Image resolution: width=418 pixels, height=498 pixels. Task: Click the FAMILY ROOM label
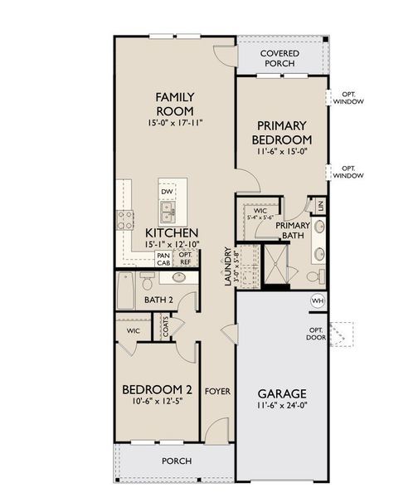(x=174, y=104)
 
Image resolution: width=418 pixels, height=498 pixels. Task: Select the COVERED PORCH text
(x=279, y=59)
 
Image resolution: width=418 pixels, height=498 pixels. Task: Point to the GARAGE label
(x=283, y=393)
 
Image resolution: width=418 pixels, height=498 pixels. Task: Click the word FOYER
(x=217, y=391)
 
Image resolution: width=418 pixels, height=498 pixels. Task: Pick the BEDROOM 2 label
(x=158, y=390)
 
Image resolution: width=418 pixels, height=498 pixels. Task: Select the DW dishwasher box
(x=167, y=191)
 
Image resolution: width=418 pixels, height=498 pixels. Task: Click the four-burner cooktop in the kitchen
(x=126, y=220)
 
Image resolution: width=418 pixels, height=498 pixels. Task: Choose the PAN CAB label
(x=164, y=258)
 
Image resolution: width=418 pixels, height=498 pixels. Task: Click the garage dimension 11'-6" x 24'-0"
(x=283, y=407)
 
